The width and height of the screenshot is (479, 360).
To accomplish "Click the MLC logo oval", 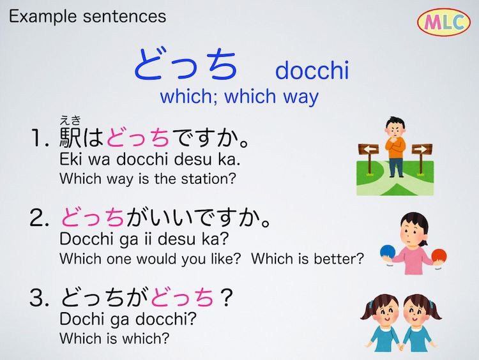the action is tap(444, 22).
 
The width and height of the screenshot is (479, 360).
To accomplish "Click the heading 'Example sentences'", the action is tap(87, 16).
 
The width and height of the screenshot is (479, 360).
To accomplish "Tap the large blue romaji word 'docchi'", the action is tap(312, 70).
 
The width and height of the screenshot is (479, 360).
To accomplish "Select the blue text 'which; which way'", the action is tap(240, 96).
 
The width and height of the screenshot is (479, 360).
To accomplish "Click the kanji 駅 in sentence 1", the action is tap(70, 137).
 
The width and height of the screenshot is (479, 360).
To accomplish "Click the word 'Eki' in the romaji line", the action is tap(70, 159).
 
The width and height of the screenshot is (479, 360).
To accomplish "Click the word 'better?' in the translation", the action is tap(338, 259).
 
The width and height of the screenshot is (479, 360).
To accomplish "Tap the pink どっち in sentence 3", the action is tap(183, 297).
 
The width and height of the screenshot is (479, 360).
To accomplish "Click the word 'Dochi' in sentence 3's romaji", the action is tap(81, 319).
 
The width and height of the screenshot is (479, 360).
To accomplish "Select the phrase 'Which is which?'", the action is tap(114, 338).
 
